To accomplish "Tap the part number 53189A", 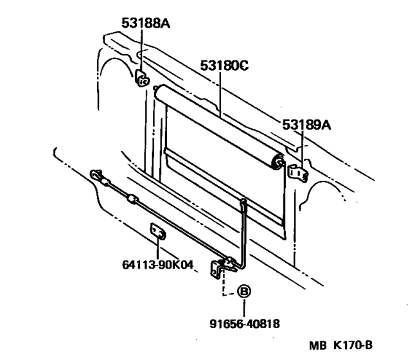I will [x=306, y=125].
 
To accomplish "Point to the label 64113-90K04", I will [x=157, y=264].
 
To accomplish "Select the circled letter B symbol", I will [x=243, y=291].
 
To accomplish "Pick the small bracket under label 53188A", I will [x=142, y=79].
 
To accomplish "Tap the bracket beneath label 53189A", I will [x=296, y=172].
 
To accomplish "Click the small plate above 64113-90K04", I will [x=157, y=231].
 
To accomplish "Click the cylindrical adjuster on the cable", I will [x=132, y=200].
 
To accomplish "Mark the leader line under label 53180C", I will [x=221, y=94].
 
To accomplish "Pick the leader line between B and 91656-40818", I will [x=243, y=307].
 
